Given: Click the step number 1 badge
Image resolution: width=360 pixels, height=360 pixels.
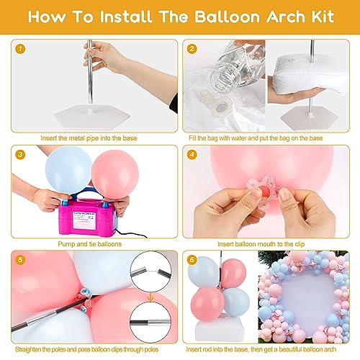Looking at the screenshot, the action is pyautogui.click(x=20, y=49).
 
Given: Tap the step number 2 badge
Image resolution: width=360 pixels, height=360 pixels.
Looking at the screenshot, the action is pyautogui.click(x=192, y=49).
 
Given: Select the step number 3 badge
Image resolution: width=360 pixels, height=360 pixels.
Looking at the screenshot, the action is pyautogui.click(x=20, y=154).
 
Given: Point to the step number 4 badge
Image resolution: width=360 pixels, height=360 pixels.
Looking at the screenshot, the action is pyautogui.click(x=192, y=154).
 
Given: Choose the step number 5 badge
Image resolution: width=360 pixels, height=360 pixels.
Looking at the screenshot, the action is pyautogui.click(x=20, y=260).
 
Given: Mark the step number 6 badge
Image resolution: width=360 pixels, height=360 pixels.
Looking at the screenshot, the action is pyautogui.click(x=192, y=260).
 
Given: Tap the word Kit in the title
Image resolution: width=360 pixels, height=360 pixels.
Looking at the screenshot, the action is pyautogui.click(x=323, y=17).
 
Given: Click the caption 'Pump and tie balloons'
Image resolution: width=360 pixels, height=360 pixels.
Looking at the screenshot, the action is pyautogui.click(x=90, y=244).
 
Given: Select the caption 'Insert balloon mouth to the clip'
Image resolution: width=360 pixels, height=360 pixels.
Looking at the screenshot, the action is pyautogui.click(x=261, y=244).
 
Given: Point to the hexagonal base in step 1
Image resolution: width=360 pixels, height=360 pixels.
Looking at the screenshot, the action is pyautogui.click(x=92, y=116).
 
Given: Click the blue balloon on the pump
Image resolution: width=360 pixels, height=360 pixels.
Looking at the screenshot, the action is pyautogui.click(x=68, y=171).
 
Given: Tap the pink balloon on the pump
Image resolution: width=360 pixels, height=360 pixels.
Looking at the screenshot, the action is pyautogui.click(x=115, y=175).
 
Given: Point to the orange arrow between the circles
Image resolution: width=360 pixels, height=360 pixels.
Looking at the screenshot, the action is pyautogui.click(x=150, y=297).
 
